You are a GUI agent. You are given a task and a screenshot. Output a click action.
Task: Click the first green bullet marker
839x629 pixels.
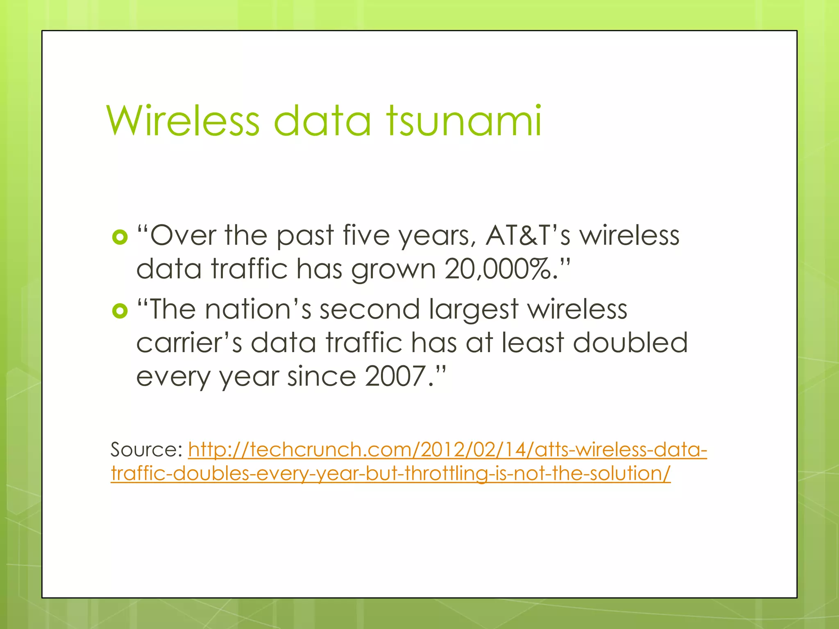120,237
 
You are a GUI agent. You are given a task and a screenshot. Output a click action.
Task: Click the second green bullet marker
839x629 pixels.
120,311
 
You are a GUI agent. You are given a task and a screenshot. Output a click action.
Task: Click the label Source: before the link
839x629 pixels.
146,450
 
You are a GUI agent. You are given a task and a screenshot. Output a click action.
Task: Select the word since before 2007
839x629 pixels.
321,376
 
